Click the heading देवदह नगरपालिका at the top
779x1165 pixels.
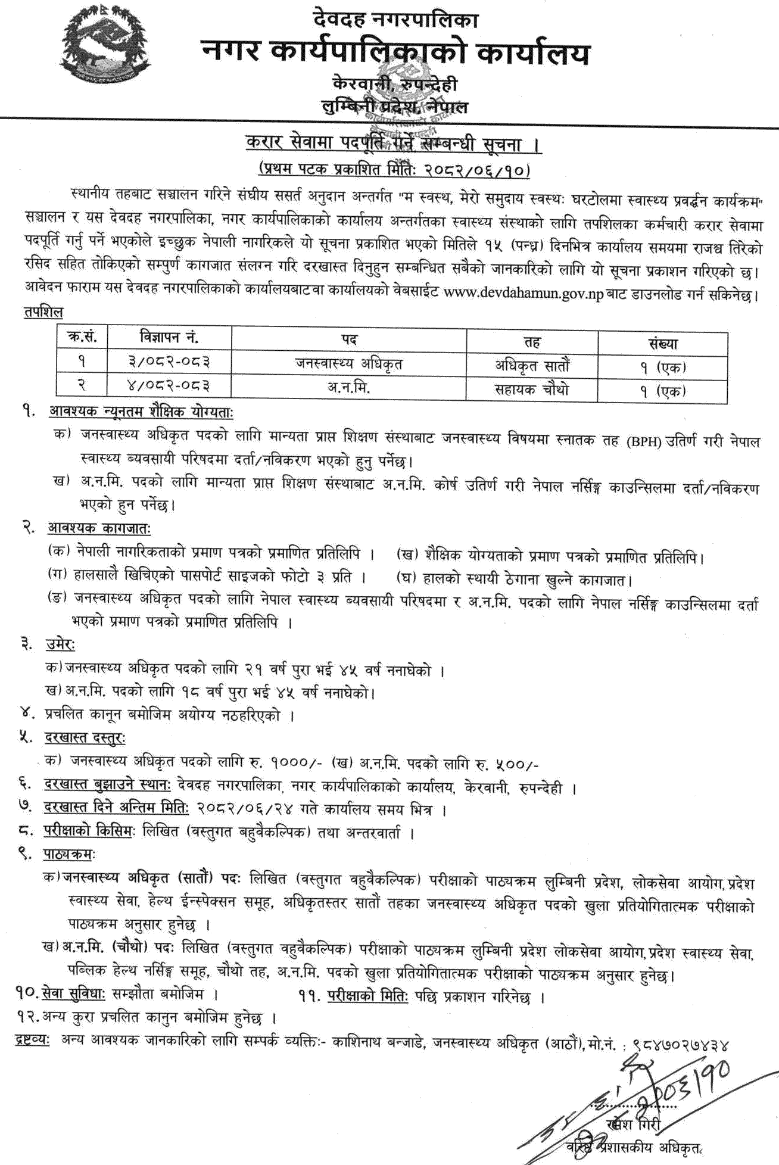click(395, 20)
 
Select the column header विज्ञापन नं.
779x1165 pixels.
click(169, 338)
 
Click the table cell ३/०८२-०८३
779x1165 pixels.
click(169, 362)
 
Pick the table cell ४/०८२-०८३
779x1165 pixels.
click(169, 386)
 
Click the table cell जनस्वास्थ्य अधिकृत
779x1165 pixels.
click(348, 363)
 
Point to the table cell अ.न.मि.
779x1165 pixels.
click(348, 388)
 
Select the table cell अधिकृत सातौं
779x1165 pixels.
click(532, 365)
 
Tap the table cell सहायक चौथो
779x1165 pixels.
click(532, 390)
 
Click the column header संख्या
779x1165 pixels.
click(663, 343)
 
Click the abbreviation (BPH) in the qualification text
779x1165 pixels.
click(644, 442)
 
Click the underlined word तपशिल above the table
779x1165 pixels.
click(43, 312)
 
